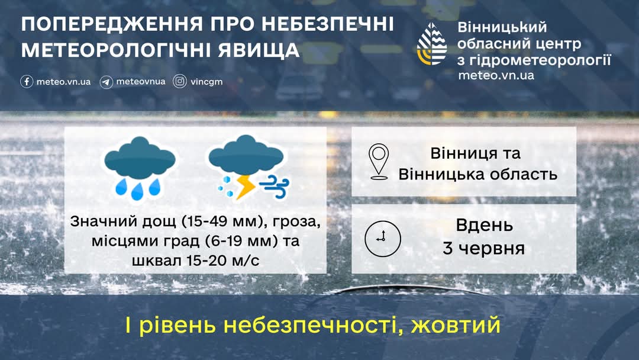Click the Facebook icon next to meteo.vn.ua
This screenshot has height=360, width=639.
pyautogui.click(x=27, y=82)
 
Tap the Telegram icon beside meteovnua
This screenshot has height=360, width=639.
pyautogui.click(x=106, y=82)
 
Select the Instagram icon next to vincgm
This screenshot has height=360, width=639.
pyautogui.click(x=180, y=82)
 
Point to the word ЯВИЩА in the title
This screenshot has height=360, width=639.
pyautogui.click(x=259, y=50)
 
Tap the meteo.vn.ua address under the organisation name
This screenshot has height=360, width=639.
pyautogui.click(x=496, y=75)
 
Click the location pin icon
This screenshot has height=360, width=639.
pyautogui.click(x=379, y=162)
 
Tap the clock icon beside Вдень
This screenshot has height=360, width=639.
pyautogui.click(x=383, y=239)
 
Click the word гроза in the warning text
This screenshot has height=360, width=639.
pyautogui.click(x=296, y=222)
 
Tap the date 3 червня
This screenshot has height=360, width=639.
pyautogui.click(x=484, y=248)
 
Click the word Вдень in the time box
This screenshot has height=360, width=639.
pyautogui.click(x=484, y=225)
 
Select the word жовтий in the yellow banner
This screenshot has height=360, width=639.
pyautogui.click(x=456, y=325)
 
